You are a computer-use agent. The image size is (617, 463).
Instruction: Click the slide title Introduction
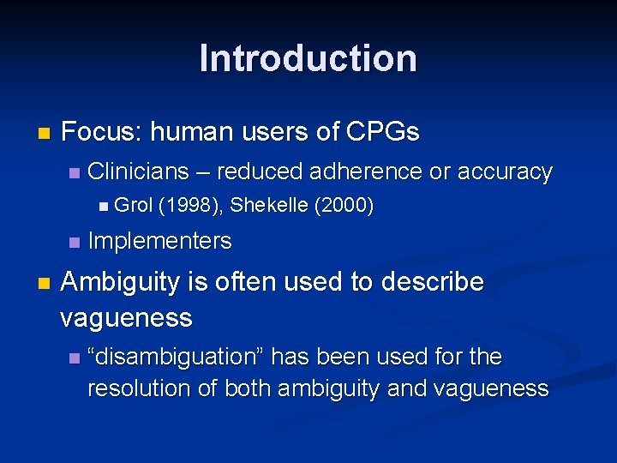pyautogui.click(x=308, y=59)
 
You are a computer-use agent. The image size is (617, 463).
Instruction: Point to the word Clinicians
pyautogui.click(x=138, y=171)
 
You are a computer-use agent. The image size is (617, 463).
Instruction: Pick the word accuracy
pyautogui.click(x=505, y=171)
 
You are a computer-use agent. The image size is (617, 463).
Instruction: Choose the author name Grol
pyautogui.click(x=133, y=206)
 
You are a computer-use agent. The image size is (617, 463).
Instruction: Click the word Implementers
pyautogui.click(x=159, y=242)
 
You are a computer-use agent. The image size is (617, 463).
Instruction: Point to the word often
pyautogui.click(x=237, y=282)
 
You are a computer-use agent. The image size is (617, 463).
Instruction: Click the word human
pyautogui.click(x=189, y=132)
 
